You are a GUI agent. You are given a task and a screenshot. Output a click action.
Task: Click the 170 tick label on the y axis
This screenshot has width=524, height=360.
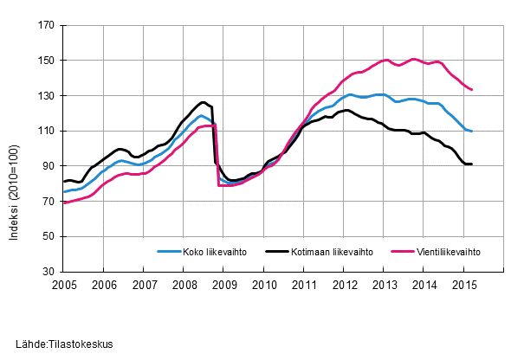pos(44,26)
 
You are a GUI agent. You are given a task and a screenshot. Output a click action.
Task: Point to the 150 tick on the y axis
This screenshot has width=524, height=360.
pos(44,61)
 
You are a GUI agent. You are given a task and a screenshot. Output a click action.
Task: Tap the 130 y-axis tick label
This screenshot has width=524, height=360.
pos(44,96)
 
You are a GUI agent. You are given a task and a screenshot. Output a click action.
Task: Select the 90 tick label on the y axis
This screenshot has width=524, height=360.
pos(47,166)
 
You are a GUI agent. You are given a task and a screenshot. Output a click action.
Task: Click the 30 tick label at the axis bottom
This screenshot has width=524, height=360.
pos(47,272)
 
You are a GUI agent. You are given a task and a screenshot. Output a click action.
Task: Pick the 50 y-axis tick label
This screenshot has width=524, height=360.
pos(47,236)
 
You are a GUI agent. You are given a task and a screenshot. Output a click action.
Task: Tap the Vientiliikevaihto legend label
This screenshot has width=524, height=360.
pos(446,252)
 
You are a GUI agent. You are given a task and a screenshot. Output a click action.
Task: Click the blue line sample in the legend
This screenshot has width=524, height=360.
pos(168,252)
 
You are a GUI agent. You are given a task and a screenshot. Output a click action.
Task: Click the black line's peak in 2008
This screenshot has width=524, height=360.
pos(203,102)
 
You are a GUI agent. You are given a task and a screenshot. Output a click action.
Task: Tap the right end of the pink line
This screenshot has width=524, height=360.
pos(471,89)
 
